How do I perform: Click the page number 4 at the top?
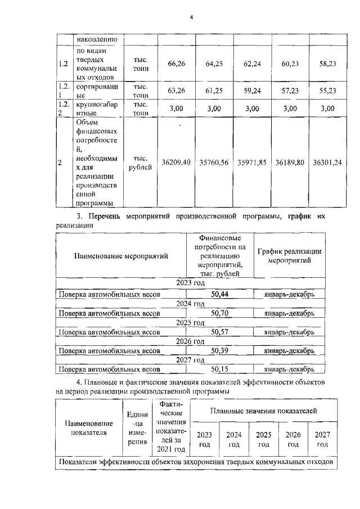tap(191, 17)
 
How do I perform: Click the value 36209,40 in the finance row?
tap(177, 162)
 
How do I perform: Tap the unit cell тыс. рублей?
tap(140, 162)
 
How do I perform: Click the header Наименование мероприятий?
tap(121, 256)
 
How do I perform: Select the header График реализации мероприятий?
tap(289, 256)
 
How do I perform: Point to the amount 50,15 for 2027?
tap(219, 369)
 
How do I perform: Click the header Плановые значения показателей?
tap(263, 411)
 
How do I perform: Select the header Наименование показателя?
tap(89, 427)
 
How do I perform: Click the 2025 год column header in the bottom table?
tap(263, 439)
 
